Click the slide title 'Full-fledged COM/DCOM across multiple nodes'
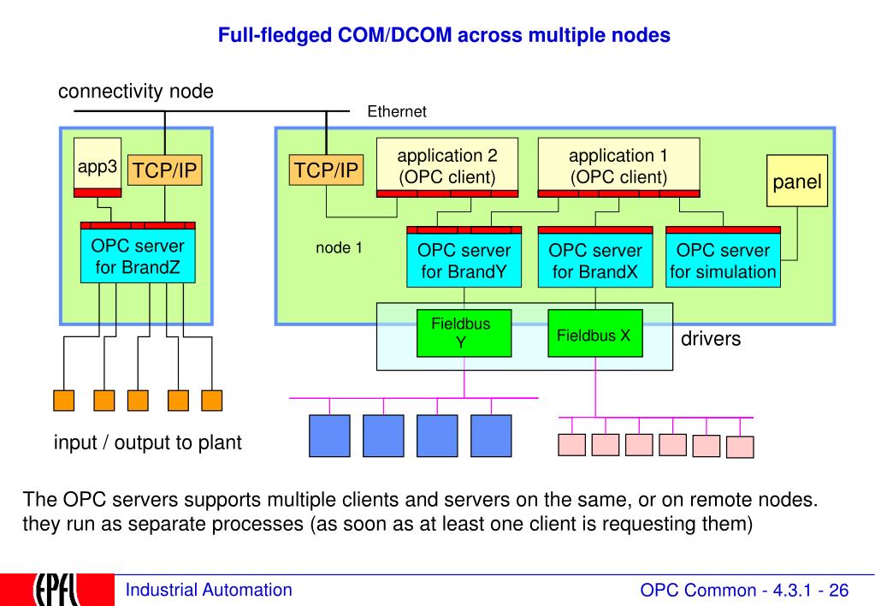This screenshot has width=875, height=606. [444, 35]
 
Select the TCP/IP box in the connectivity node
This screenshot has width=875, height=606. [164, 169]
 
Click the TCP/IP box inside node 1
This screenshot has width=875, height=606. [326, 169]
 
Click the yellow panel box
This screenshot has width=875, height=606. [797, 181]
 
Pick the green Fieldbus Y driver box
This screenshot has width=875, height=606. [464, 333]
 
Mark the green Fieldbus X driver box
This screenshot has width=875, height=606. [594, 333]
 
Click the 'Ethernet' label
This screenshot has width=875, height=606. [397, 112]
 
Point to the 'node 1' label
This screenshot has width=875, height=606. [339, 247]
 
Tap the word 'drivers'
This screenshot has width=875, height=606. [711, 338]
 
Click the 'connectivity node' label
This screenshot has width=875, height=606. [136, 91]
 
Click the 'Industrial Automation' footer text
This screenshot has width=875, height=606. [209, 590]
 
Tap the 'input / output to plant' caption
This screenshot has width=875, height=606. [147, 443]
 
